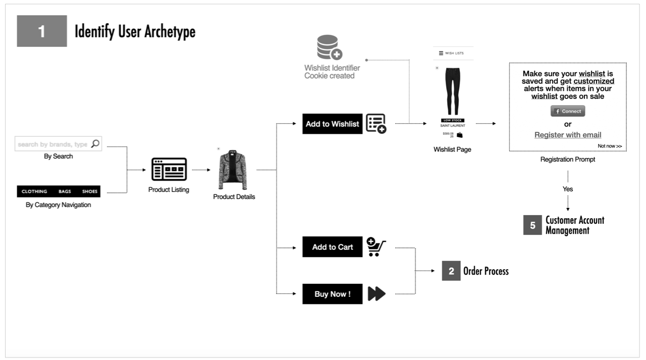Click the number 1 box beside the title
42,31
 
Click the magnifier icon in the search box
95,144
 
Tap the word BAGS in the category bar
65,191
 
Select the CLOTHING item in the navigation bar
34,191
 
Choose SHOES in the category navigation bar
89,191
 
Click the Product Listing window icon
169,170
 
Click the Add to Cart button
332,247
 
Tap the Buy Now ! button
332,294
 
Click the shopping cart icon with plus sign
376,247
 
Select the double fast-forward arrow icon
376,294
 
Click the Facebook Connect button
568,111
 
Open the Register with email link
568,135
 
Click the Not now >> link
610,146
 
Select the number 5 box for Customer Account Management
532,225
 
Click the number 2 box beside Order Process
451,271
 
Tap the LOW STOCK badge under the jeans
452,120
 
